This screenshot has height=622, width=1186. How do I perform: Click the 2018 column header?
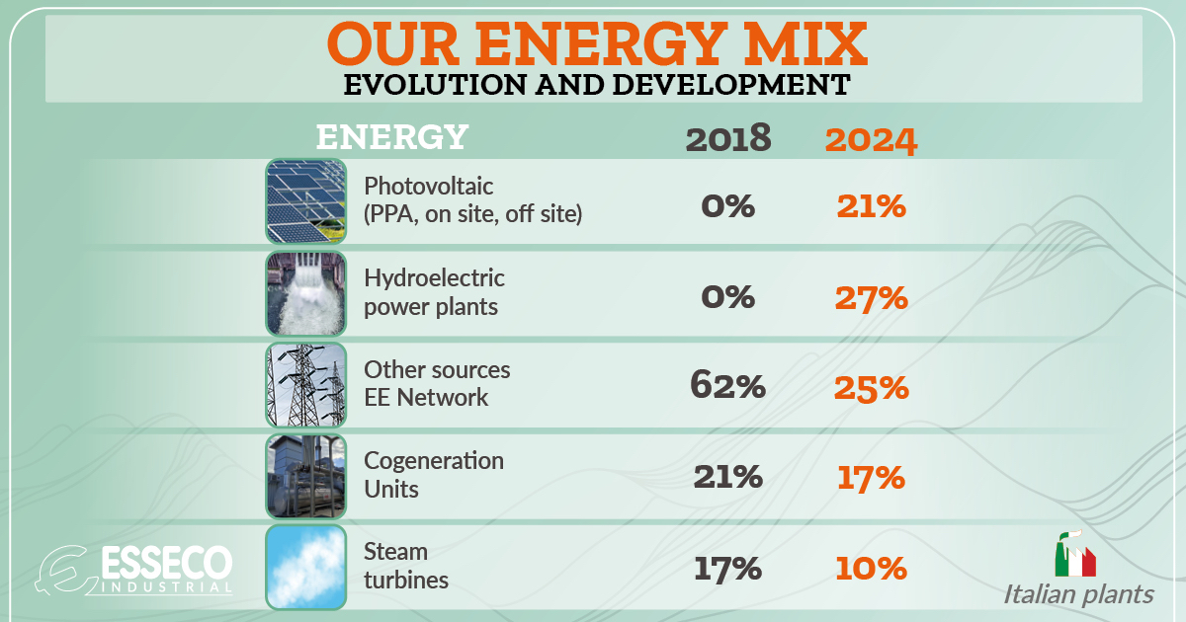click(x=728, y=139)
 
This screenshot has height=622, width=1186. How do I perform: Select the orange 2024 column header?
click(x=871, y=140)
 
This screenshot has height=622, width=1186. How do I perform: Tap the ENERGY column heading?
click(x=391, y=137)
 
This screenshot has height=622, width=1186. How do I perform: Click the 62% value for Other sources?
click(x=728, y=386)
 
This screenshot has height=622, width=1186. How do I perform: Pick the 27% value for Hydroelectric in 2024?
click(x=871, y=297)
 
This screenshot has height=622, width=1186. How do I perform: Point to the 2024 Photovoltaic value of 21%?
click(x=871, y=206)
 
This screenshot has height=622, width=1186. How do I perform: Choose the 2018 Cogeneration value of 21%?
click(x=728, y=477)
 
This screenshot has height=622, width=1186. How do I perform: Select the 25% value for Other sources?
click(x=871, y=387)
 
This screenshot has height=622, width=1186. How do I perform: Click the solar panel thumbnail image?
click(x=306, y=201)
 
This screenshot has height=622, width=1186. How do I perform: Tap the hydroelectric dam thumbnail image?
click(x=306, y=292)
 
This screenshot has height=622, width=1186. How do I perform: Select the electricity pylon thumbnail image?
click(x=306, y=384)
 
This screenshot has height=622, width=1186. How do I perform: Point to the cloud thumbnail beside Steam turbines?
click(x=306, y=567)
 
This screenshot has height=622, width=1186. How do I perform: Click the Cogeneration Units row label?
click(x=434, y=475)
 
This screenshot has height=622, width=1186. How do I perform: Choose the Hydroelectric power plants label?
click(x=434, y=292)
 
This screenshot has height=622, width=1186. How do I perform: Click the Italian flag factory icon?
click(x=1074, y=555)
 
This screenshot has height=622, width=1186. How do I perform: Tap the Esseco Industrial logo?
click(x=138, y=570)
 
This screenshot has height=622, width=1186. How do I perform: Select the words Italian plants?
click(x=1078, y=594)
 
